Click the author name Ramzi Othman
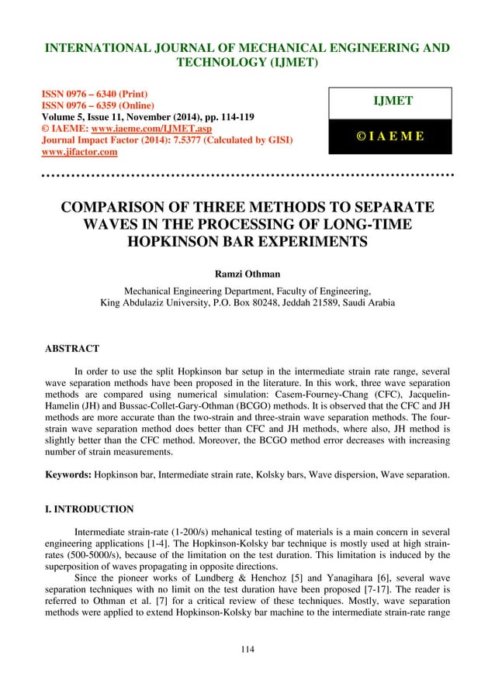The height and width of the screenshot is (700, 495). point(247,272)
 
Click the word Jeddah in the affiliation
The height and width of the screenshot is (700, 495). point(327,303)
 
